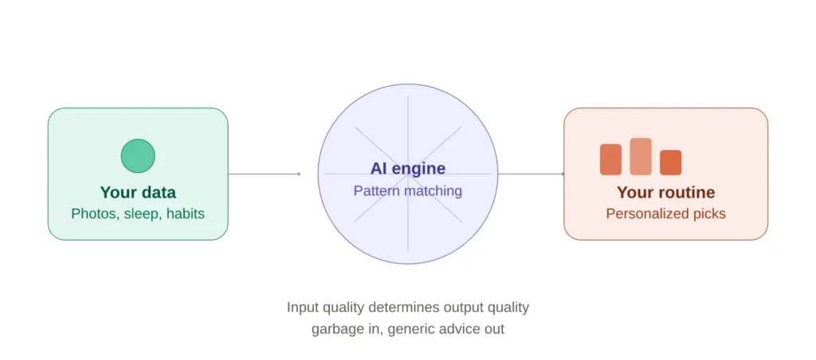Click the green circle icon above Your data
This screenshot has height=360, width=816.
coord(138,155)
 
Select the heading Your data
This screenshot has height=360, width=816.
coord(138,193)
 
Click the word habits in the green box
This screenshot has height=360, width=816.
coord(185,213)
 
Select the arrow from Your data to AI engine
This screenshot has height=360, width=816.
coord(265,174)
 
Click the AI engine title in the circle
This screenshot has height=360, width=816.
coord(408,169)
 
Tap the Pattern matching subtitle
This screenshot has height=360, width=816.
coord(408,191)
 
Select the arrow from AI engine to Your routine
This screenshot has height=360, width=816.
coord(532,174)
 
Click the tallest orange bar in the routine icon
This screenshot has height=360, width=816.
coord(641,157)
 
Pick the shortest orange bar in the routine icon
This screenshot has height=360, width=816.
coord(671,162)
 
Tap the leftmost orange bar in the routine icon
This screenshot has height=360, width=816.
coord(611,160)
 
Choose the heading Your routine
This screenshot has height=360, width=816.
coord(665,193)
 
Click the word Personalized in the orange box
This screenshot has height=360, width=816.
coord(644,213)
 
